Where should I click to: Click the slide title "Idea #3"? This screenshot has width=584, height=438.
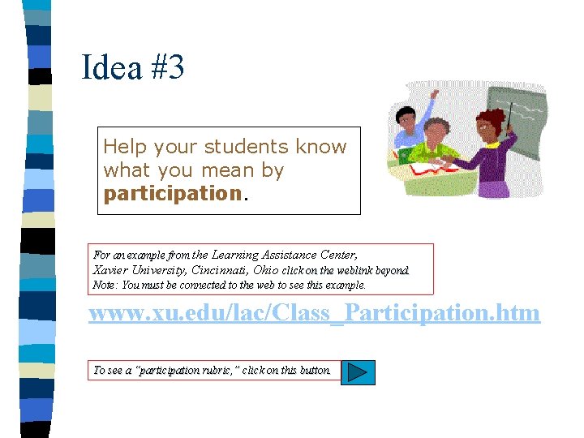click(133, 67)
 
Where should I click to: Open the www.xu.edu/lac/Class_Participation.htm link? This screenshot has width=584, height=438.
click(314, 313)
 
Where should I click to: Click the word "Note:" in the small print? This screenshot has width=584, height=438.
click(105, 285)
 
